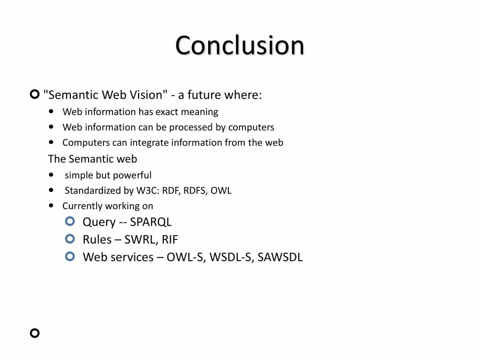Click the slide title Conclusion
[239, 45]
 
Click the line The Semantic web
[92, 159]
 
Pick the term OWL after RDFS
[221, 190]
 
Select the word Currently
[82, 206]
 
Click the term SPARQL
[151, 222]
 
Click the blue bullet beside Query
[70, 221]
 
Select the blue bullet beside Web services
[70, 257]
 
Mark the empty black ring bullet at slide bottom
[35, 333]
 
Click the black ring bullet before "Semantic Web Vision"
[35, 95]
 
